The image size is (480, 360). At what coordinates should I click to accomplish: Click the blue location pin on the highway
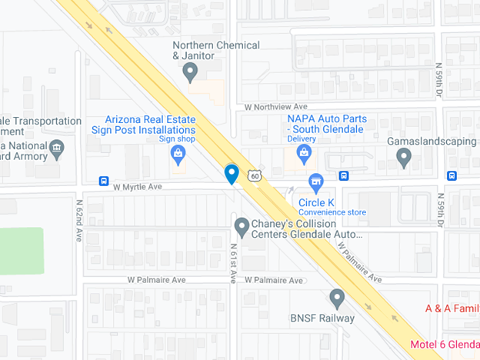[x=231, y=173]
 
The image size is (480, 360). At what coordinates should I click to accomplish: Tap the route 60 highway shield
[x=254, y=175]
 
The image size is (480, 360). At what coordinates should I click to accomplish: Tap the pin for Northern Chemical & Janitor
[x=191, y=72]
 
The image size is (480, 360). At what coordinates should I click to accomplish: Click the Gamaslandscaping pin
[x=403, y=158]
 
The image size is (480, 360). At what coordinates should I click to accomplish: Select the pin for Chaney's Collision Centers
[x=242, y=225]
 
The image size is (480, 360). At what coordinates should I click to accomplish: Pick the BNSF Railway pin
[x=336, y=298]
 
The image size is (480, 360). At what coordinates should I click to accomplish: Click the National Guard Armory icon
[x=57, y=148]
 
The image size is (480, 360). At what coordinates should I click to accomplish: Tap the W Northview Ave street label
[x=275, y=107]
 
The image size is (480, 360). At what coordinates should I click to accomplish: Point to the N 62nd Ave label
[x=78, y=222]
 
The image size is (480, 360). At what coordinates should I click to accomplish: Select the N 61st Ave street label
[x=233, y=264]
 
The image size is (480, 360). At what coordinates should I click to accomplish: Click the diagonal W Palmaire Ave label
[x=358, y=262]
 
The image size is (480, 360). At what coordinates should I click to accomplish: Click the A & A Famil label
[x=452, y=308]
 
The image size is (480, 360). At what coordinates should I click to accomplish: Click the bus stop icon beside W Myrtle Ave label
[x=103, y=182]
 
